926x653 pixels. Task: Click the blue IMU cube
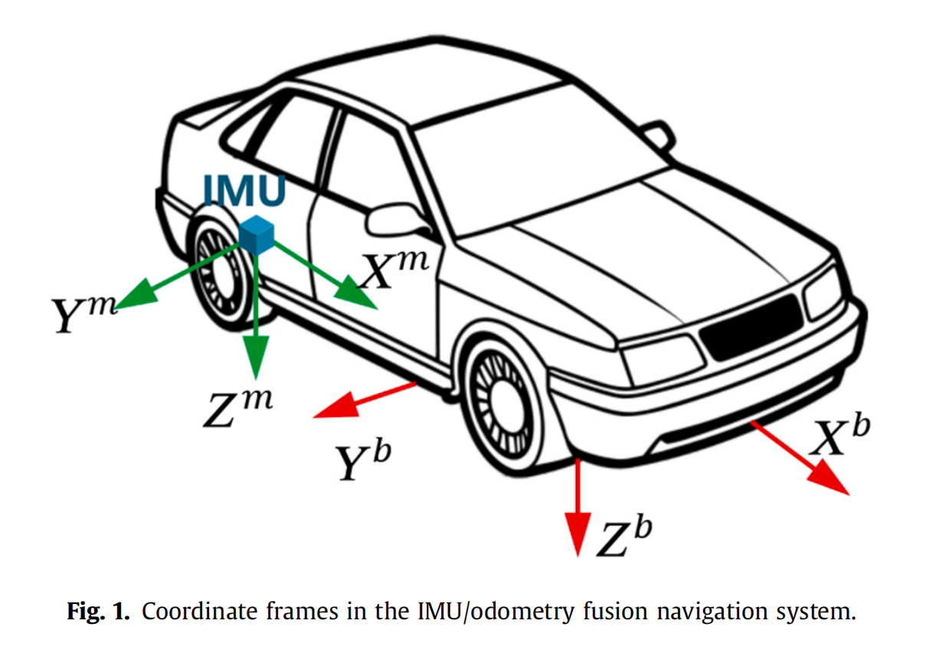[x=257, y=235]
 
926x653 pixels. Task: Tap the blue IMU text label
[x=245, y=191]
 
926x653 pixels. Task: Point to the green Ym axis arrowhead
[x=138, y=294]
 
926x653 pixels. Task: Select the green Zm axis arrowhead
[x=256, y=356]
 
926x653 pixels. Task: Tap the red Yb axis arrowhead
[x=337, y=406]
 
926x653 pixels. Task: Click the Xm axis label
[x=395, y=270]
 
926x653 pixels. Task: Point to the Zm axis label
[x=237, y=409]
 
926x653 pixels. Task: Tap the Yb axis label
[x=363, y=460]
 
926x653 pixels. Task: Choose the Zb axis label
[x=624, y=536]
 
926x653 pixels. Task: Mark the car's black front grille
[x=751, y=327]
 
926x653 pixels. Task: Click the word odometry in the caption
[x=522, y=611]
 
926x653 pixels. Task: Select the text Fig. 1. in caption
[x=98, y=611]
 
